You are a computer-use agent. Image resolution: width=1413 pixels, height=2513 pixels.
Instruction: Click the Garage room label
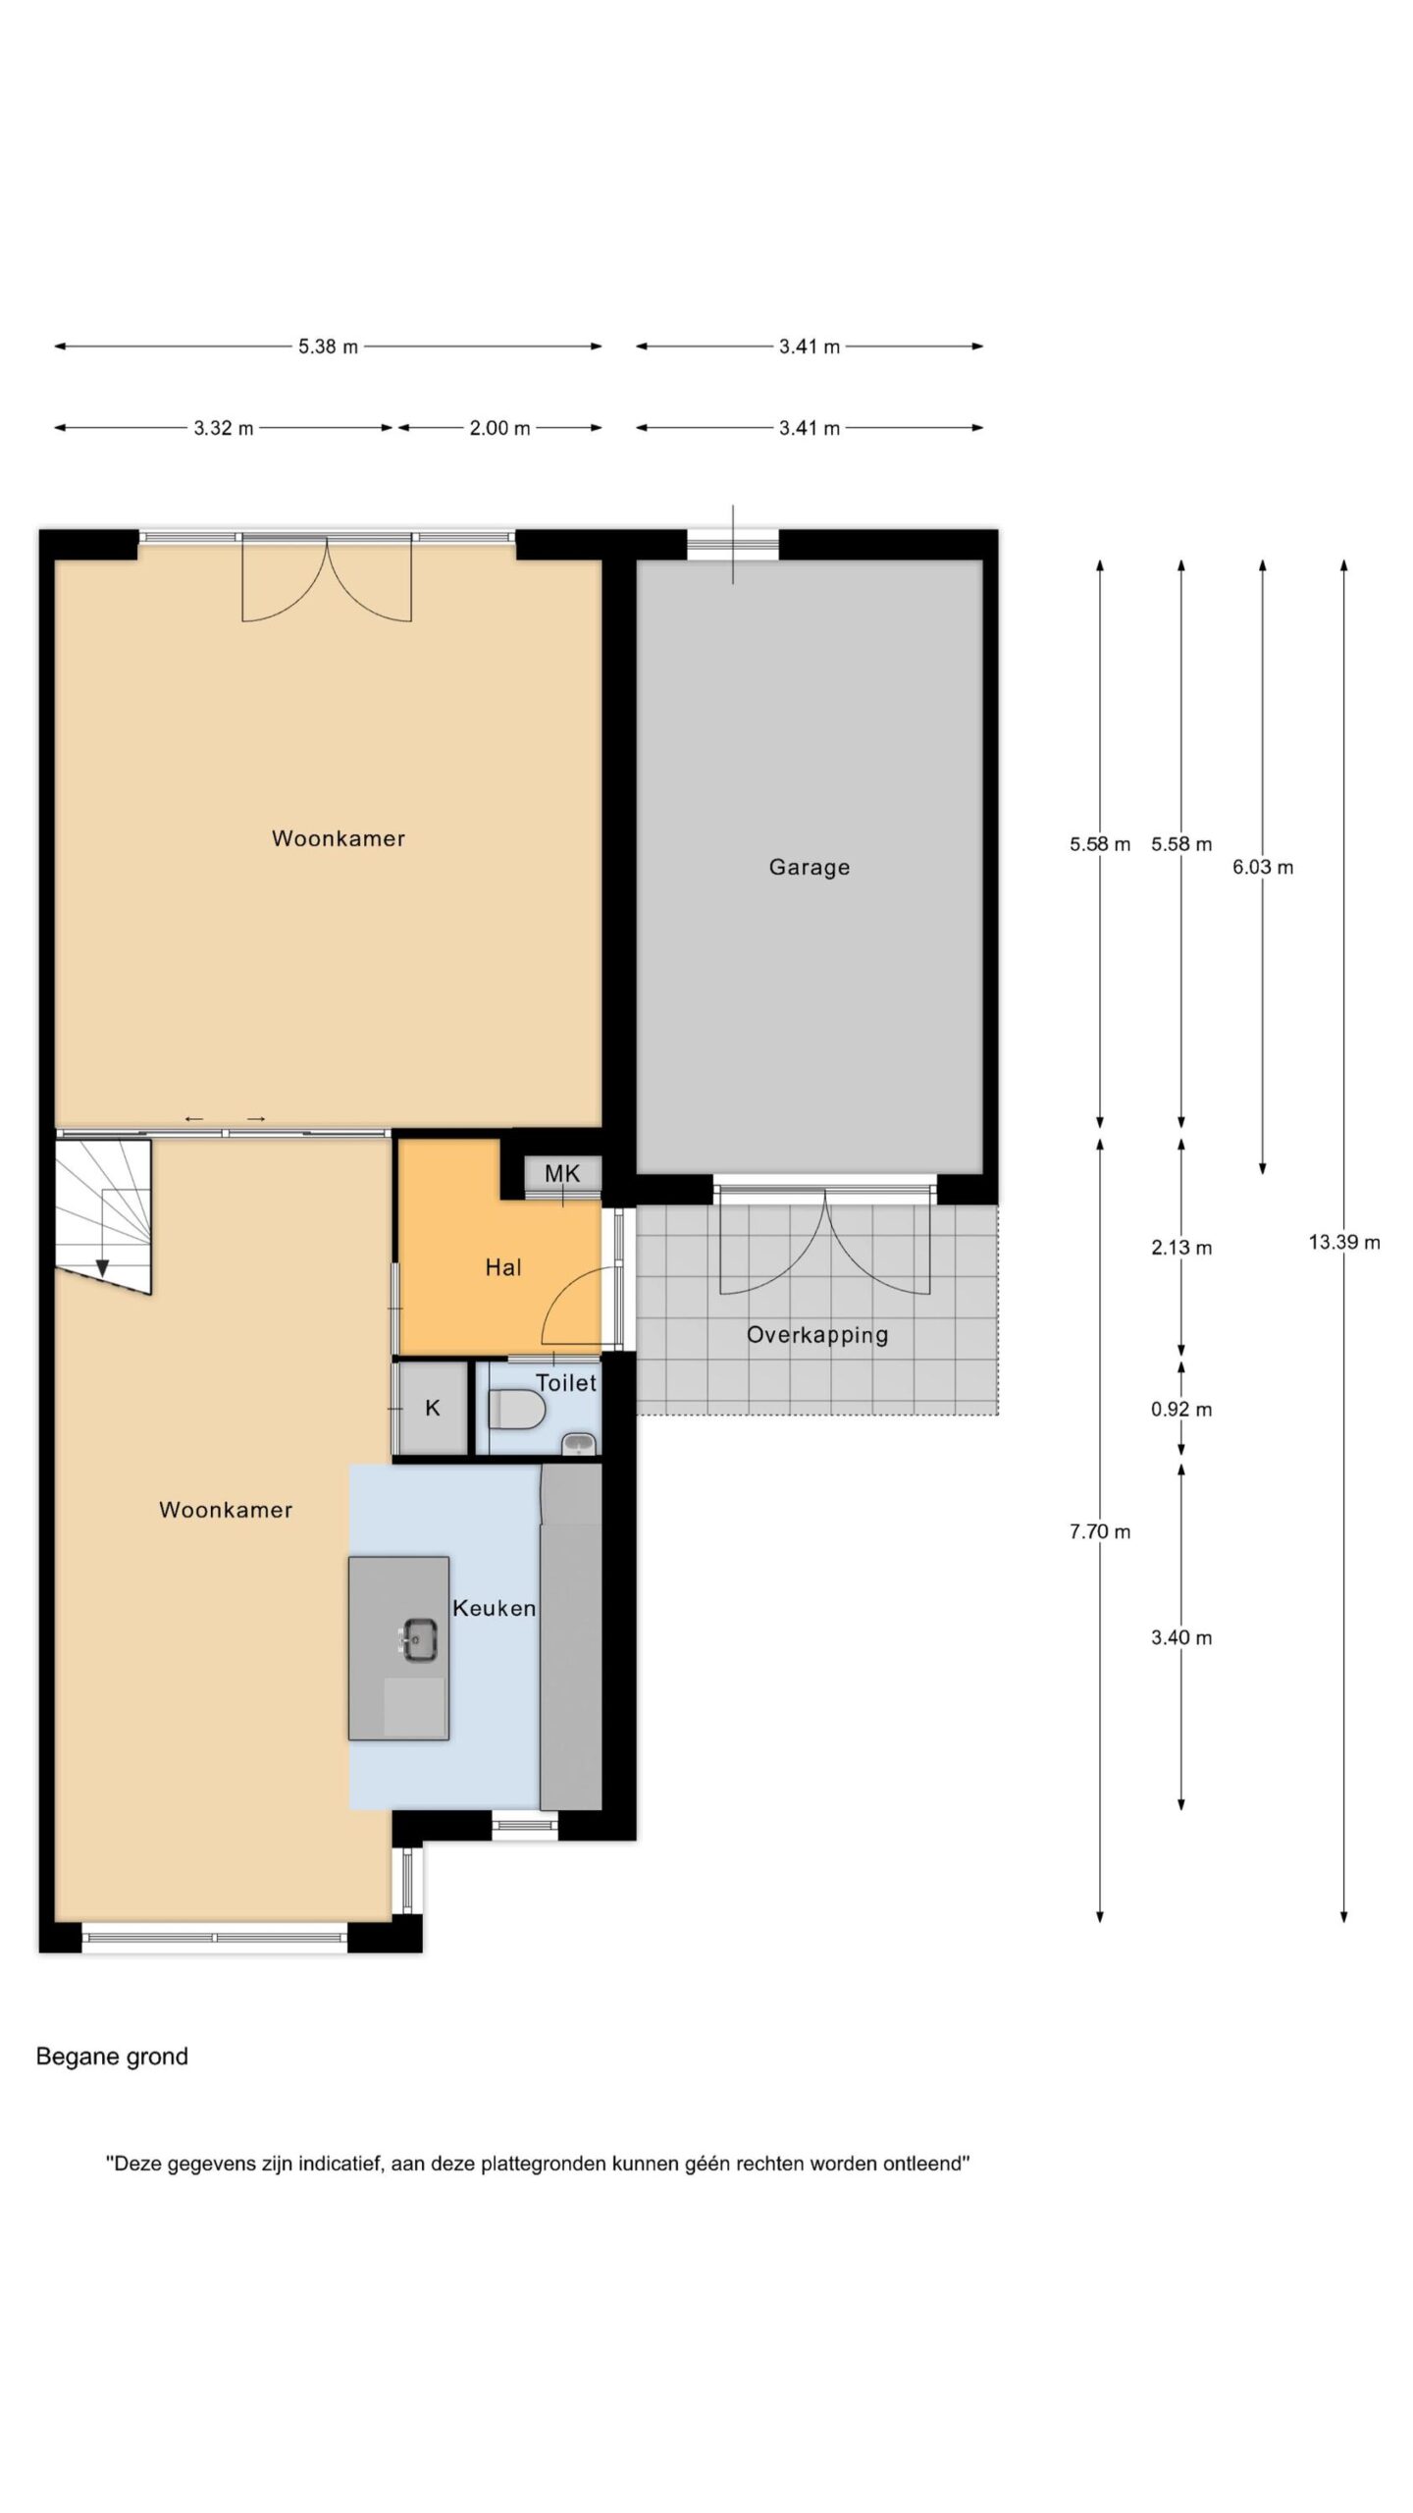[809, 867]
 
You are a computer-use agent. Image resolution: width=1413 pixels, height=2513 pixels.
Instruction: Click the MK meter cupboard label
[562, 1173]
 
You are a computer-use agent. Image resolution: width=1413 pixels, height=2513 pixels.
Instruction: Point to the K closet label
[433, 1408]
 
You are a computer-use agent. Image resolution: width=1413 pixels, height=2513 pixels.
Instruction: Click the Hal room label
[503, 1267]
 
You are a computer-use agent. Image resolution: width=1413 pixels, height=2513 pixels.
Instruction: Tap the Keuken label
[494, 1608]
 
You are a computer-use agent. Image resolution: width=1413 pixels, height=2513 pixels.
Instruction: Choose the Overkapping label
[817, 1335]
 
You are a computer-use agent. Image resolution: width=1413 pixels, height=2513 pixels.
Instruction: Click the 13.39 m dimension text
[1344, 1242]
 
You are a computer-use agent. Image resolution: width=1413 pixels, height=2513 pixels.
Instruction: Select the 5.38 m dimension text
[329, 347]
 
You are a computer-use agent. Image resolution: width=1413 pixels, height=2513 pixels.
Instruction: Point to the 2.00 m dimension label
[499, 428]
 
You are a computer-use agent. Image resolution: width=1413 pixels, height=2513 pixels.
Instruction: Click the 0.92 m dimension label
[1181, 1410]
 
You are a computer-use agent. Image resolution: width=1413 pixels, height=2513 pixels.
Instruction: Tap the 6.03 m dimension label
[1263, 867]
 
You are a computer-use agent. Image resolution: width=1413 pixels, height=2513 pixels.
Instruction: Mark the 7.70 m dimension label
[1100, 1531]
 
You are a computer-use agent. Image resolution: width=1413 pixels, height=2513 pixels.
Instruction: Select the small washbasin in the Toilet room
[578, 1443]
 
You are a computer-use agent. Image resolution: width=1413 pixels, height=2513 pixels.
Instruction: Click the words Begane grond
[112, 2057]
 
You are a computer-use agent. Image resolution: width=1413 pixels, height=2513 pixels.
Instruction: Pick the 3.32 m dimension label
[224, 428]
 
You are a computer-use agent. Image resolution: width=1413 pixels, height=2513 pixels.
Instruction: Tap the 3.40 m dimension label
[1181, 1637]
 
